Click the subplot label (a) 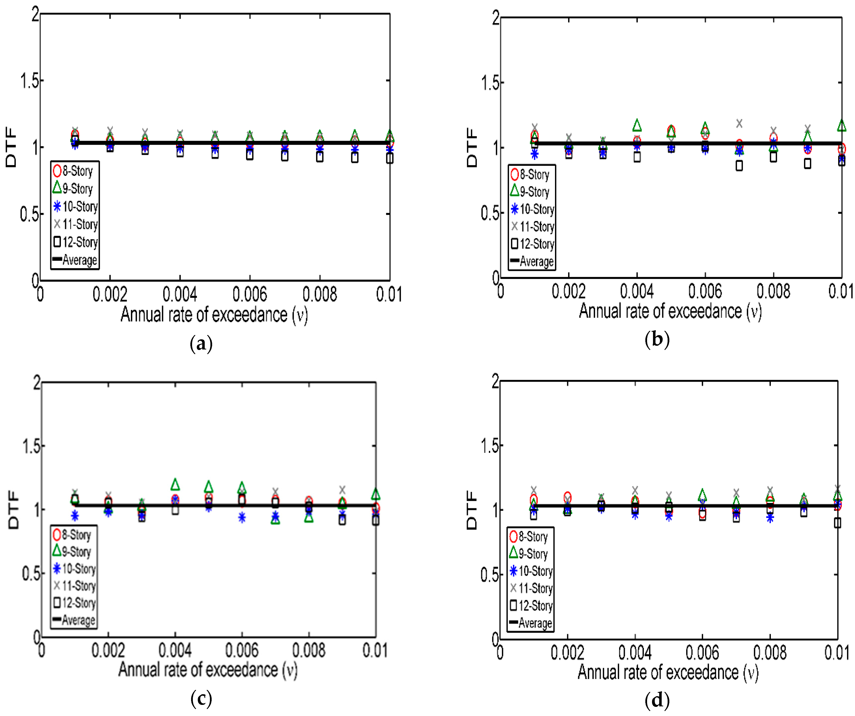201,344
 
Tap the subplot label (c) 201,699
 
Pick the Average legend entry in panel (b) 532,261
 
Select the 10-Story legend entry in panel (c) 75,569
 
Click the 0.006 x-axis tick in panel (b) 705,291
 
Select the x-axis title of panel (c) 208,670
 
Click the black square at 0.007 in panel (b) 739,165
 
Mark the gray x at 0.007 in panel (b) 739,123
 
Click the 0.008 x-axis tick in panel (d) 770,652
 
